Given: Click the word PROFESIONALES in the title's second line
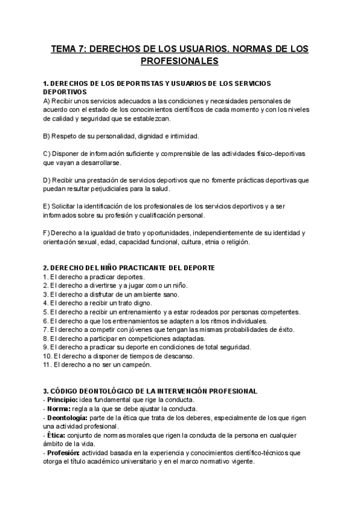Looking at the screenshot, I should (180, 61).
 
